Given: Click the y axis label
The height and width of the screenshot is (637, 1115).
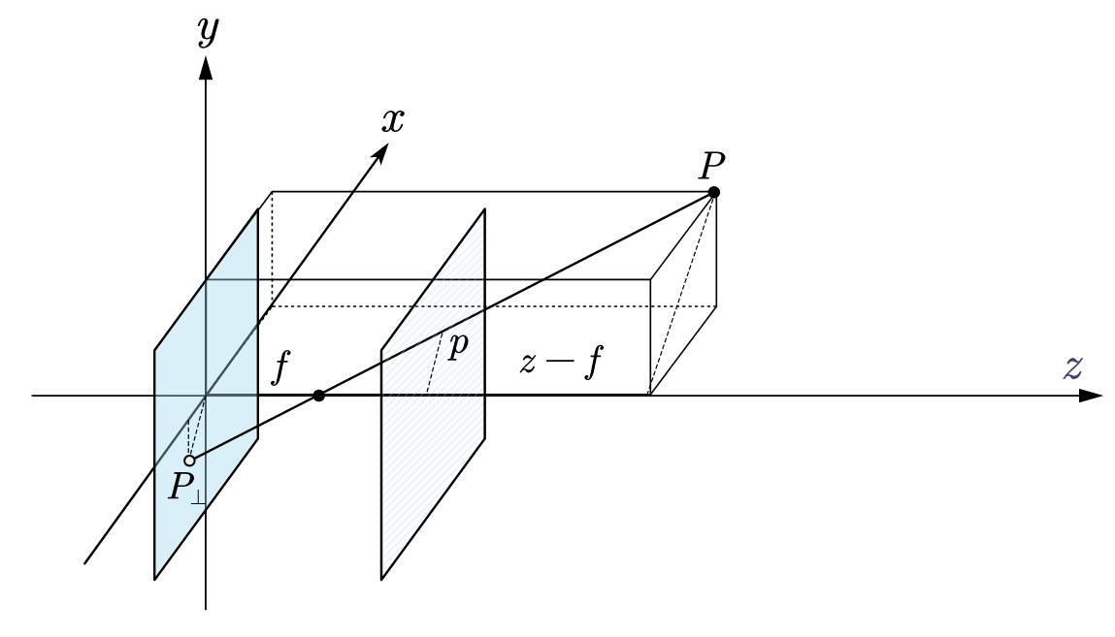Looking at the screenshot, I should (205, 33).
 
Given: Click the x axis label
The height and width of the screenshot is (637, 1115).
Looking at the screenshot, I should (393, 119).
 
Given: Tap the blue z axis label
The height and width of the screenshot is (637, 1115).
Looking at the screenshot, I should (1072, 368).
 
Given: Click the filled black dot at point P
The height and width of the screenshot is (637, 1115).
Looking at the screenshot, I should (714, 192).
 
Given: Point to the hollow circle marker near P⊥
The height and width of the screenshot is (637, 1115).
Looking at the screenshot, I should (190, 461).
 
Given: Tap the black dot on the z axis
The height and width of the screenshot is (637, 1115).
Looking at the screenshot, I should (319, 396).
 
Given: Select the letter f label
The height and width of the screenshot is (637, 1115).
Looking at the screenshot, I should (280, 369).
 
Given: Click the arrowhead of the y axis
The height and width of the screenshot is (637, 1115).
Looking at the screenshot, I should (205, 65).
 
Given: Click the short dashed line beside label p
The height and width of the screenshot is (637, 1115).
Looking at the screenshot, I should (435, 363).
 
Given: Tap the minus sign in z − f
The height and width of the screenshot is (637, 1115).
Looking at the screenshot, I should (556, 369).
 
